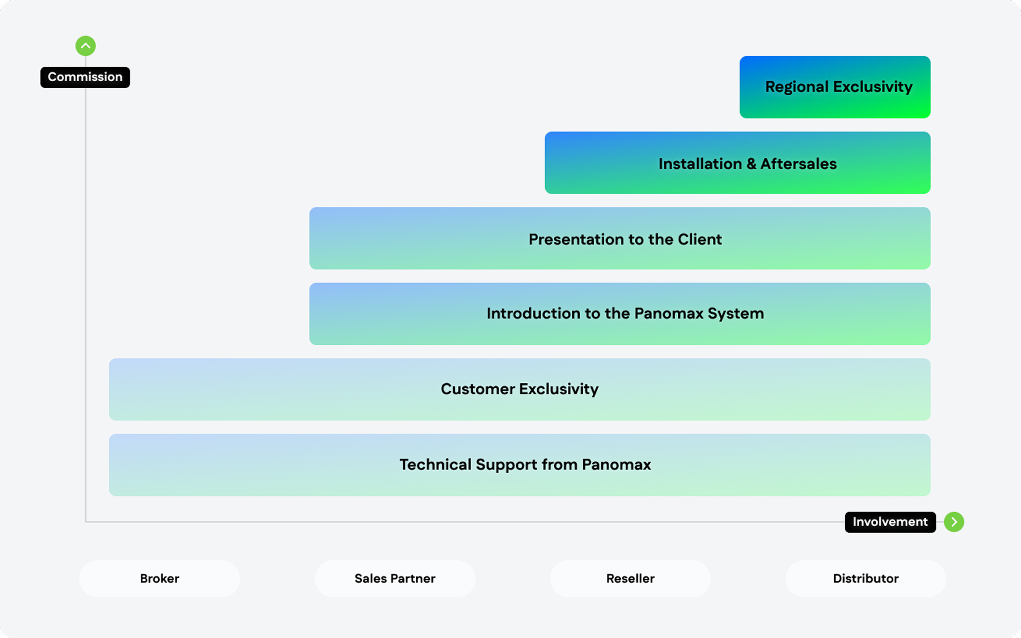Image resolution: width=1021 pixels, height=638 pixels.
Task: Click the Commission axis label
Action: [85, 77]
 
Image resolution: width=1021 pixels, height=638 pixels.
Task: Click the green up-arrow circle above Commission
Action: [86, 46]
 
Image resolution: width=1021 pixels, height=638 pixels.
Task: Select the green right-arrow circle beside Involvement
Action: [954, 522]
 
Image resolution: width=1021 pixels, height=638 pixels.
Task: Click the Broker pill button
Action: [160, 578]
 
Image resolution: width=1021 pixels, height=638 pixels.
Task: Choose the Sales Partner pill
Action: [395, 578]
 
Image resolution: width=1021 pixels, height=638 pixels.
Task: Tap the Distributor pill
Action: [866, 578]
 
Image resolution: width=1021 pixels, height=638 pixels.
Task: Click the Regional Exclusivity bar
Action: [835, 87]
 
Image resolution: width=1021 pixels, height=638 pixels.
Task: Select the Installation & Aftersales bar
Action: [737, 163]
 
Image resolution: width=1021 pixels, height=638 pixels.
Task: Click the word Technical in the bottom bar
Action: [435, 464]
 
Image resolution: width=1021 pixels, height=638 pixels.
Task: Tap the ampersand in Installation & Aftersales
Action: [751, 164]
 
